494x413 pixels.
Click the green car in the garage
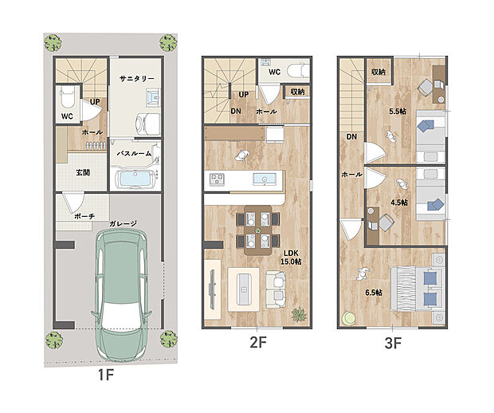(122, 295)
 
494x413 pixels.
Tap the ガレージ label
(123, 223)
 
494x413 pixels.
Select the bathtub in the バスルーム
(135, 179)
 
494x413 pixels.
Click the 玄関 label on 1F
(83, 172)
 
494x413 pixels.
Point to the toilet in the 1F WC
(67, 96)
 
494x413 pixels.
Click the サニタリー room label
(137, 78)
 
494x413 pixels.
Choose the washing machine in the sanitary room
(147, 124)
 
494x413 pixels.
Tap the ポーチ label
(84, 216)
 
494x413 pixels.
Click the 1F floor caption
(106, 375)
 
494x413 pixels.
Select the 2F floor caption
(258, 342)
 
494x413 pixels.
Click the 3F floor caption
(393, 343)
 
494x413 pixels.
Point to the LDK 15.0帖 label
(291, 258)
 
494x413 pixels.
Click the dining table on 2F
(258, 230)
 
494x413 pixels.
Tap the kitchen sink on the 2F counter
(265, 179)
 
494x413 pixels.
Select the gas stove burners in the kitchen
(217, 179)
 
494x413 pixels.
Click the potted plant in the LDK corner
(299, 314)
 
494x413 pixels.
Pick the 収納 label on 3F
(378, 72)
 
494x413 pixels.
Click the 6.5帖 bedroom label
(374, 293)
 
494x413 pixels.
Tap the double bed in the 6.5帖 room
(418, 289)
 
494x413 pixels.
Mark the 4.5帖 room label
(399, 203)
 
